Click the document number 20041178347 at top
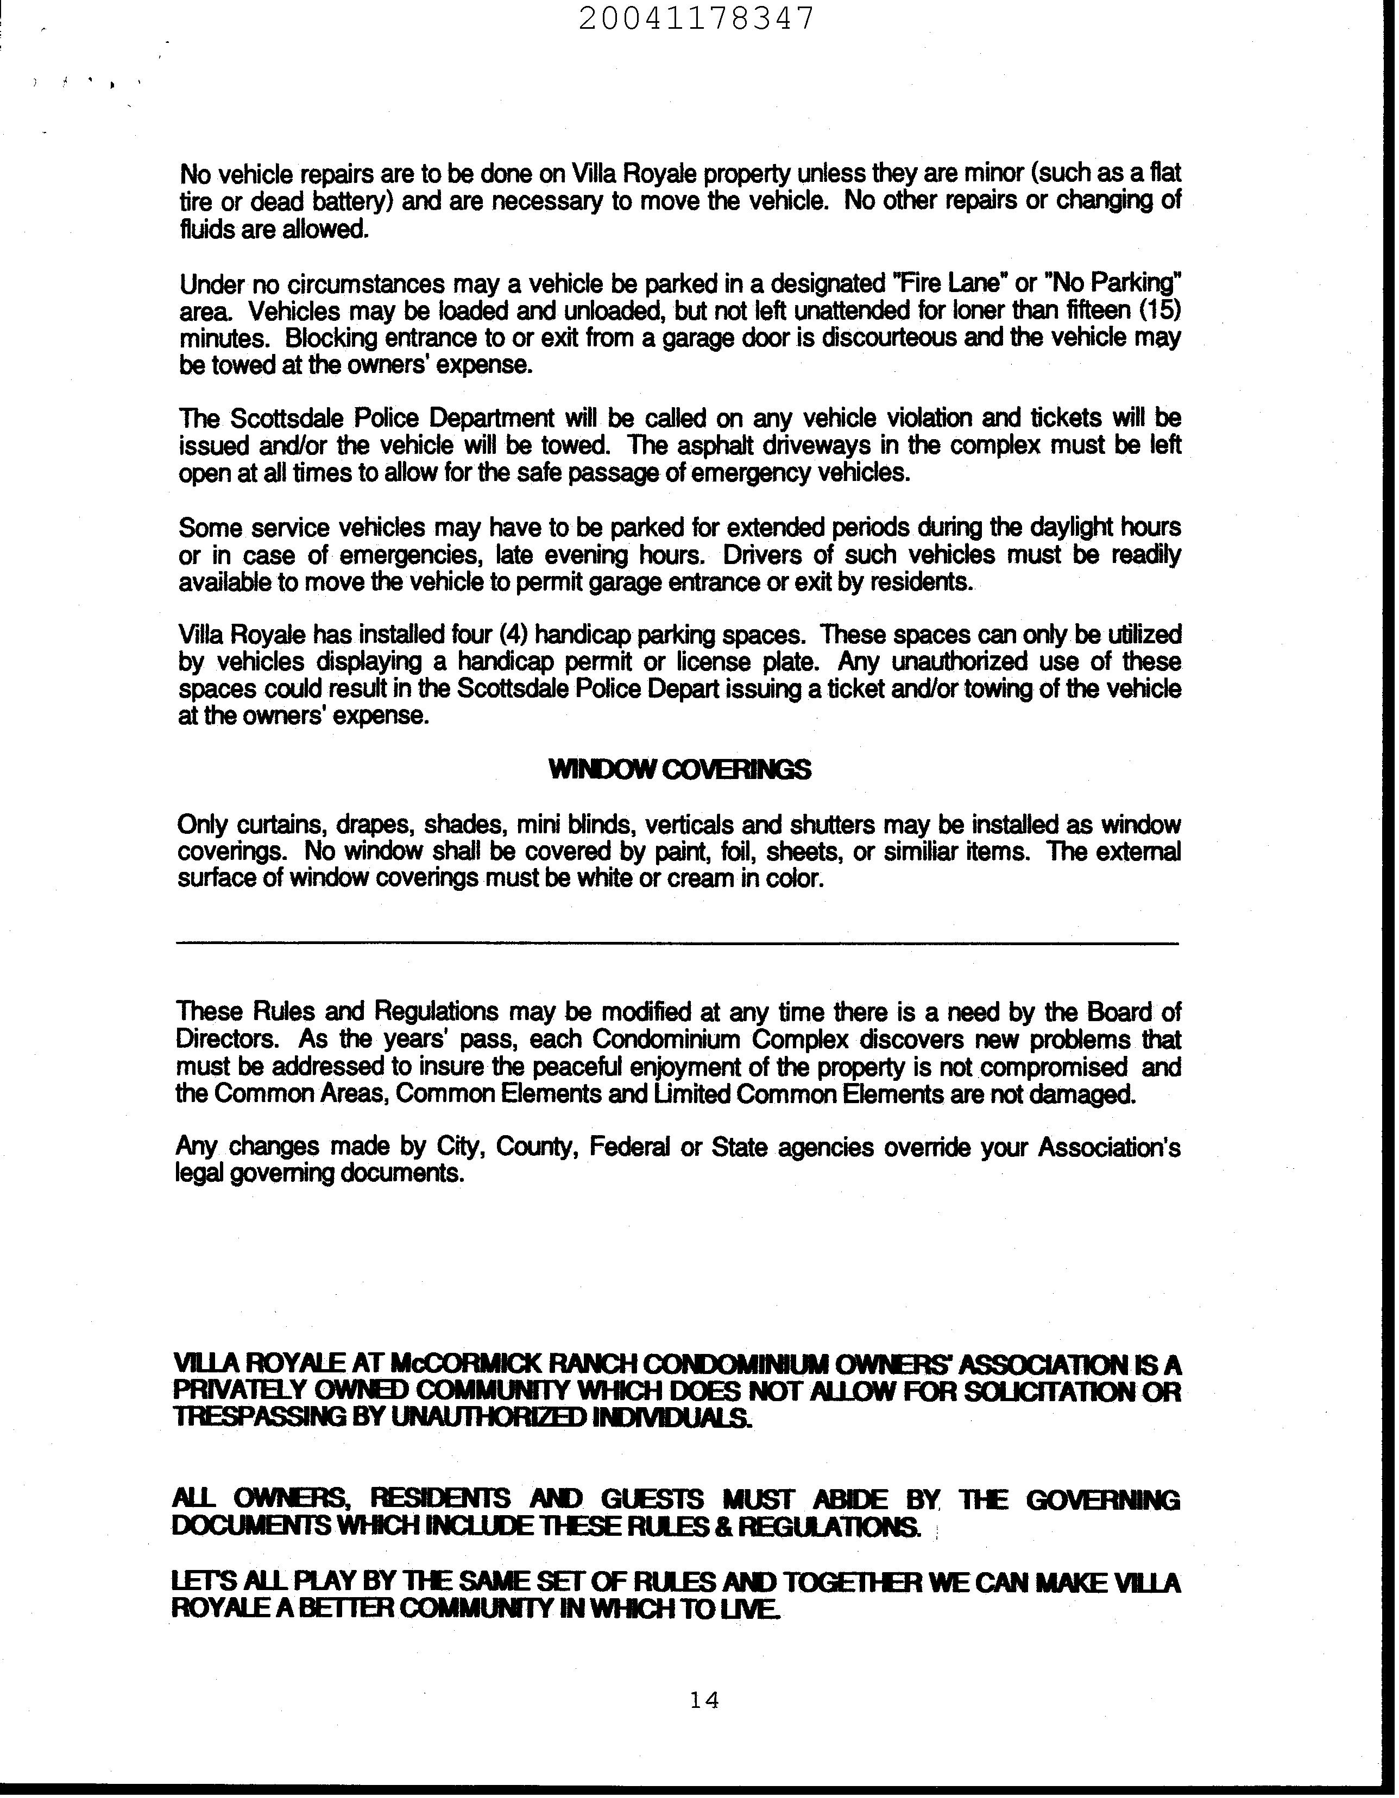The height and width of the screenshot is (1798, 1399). coord(697,18)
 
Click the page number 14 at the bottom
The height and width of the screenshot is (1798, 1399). coord(705,1699)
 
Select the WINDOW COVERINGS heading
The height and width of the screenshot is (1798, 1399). coord(679,770)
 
